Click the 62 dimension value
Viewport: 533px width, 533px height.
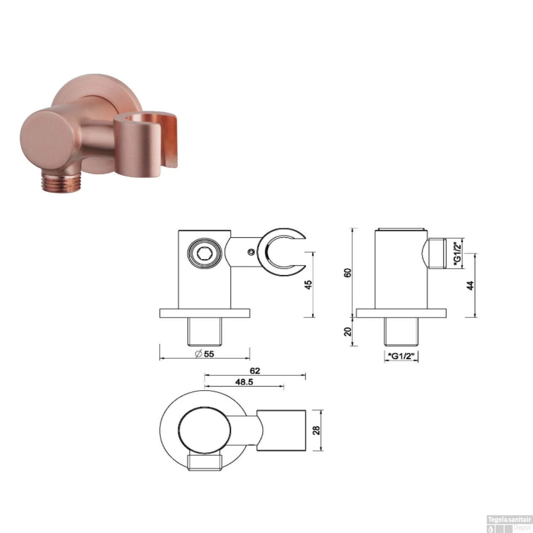[255, 371]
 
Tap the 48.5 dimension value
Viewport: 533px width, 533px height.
[244, 382]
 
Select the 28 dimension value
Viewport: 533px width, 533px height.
[316, 430]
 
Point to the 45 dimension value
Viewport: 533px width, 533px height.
[308, 285]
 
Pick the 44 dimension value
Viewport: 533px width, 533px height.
[470, 285]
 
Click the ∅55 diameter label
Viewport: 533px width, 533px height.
[205, 354]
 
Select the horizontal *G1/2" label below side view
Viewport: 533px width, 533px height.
[401, 356]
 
